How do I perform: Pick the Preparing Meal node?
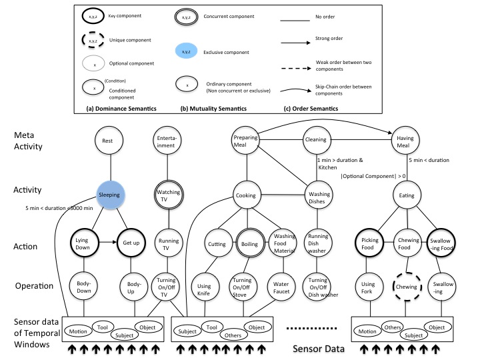point(246,141)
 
